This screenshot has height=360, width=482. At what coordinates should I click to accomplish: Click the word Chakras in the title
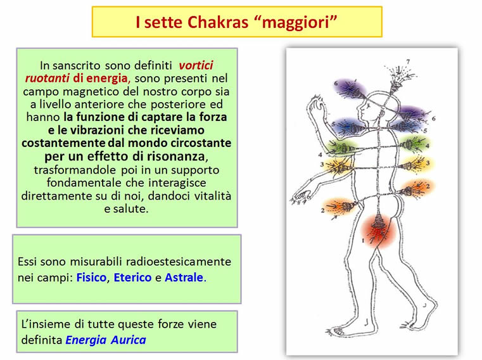point(218,22)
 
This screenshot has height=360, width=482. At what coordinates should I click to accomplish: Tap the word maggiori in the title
point(296,23)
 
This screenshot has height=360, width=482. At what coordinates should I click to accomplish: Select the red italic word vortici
point(196,65)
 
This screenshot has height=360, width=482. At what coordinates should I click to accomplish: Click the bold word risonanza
point(175,156)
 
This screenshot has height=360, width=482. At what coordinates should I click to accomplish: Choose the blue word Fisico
point(91,277)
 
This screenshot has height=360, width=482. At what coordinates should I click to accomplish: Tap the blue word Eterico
point(132,277)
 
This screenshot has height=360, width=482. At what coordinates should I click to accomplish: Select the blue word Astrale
point(184,277)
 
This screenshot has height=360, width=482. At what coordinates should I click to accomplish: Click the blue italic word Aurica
point(128,340)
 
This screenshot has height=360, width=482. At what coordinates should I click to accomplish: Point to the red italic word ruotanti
point(48,78)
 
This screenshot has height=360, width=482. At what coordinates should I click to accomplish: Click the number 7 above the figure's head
point(408,62)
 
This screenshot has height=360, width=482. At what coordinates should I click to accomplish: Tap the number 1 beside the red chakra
point(363,240)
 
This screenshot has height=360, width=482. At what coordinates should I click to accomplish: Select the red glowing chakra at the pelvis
point(377,231)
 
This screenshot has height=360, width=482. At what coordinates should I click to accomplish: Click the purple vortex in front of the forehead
point(350,89)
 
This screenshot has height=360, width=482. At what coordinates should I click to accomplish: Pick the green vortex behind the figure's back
point(412,144)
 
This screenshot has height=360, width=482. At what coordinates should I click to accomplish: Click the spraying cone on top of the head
point(397,81)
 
